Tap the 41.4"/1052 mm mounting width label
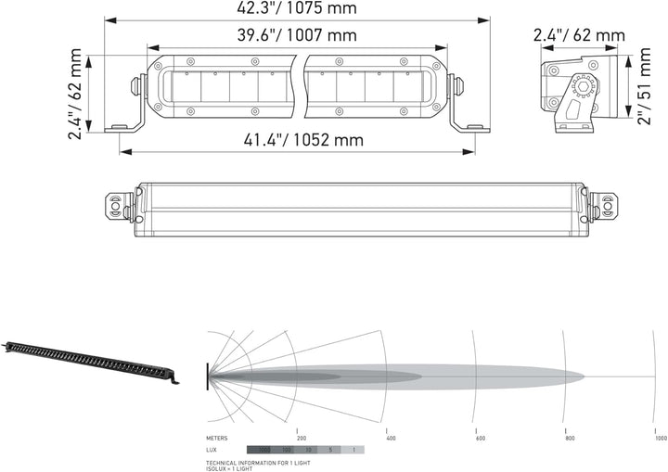click(x=290, y=140)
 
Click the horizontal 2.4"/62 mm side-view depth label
click(x=578, y=36)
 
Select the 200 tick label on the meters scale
click(x=301, y=437)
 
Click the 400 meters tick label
click(x=391, y=437)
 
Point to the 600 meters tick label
click(x=480, y=437)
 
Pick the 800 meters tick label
click(x=568, y=437)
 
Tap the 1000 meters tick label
click(x=660, y=437)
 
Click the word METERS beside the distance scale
click(x=216, y=437)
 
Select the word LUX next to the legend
click(x=212, y=450)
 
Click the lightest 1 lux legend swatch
click(x=353, y=450)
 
